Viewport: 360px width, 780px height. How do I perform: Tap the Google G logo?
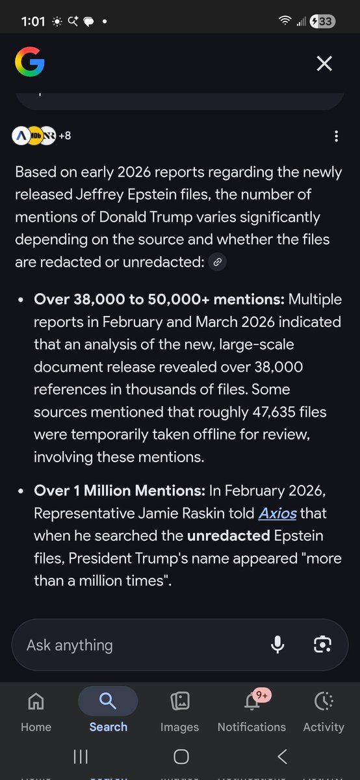click(30, 63)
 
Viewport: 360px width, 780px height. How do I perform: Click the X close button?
click(324, 63)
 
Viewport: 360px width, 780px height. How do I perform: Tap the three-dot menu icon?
click(336, 136)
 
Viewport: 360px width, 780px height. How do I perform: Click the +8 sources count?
click(64, 136)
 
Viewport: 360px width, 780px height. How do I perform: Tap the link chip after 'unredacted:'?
click(218, 262)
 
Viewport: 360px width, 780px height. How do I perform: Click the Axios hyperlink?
click(277, 513)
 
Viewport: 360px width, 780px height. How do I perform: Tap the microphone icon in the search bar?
click(277, 644)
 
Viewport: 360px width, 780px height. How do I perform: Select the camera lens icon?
click(322, 644)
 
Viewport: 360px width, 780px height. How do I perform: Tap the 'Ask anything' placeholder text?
click(70, 645)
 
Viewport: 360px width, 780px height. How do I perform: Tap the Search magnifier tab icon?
click(108, 701)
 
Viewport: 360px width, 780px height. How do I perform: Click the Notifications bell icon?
click(251, 702)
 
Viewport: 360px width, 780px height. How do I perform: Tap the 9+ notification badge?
click(263, 695)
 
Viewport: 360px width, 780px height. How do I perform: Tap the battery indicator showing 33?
click(325, 21)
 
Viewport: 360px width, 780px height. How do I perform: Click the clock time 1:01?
click(32, 21)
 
